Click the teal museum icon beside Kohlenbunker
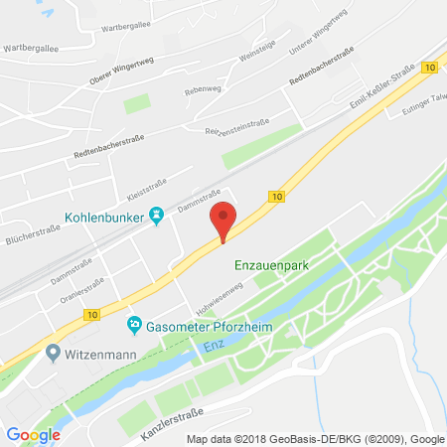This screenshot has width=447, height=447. click(156, 216)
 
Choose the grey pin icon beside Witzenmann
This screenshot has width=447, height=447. click(55, 353)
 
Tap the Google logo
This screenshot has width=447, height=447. click(33, 434)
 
